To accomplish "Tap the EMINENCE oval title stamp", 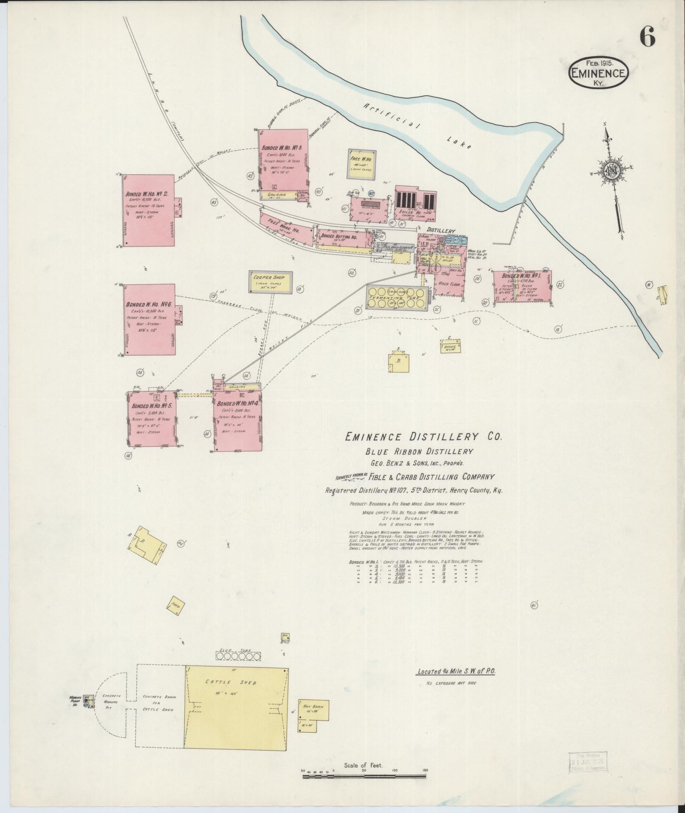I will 598,73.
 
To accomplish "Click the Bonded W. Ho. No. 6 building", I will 150,320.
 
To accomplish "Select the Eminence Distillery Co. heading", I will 423,437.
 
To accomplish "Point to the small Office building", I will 451,347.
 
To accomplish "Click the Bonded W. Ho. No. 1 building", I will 522,286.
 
